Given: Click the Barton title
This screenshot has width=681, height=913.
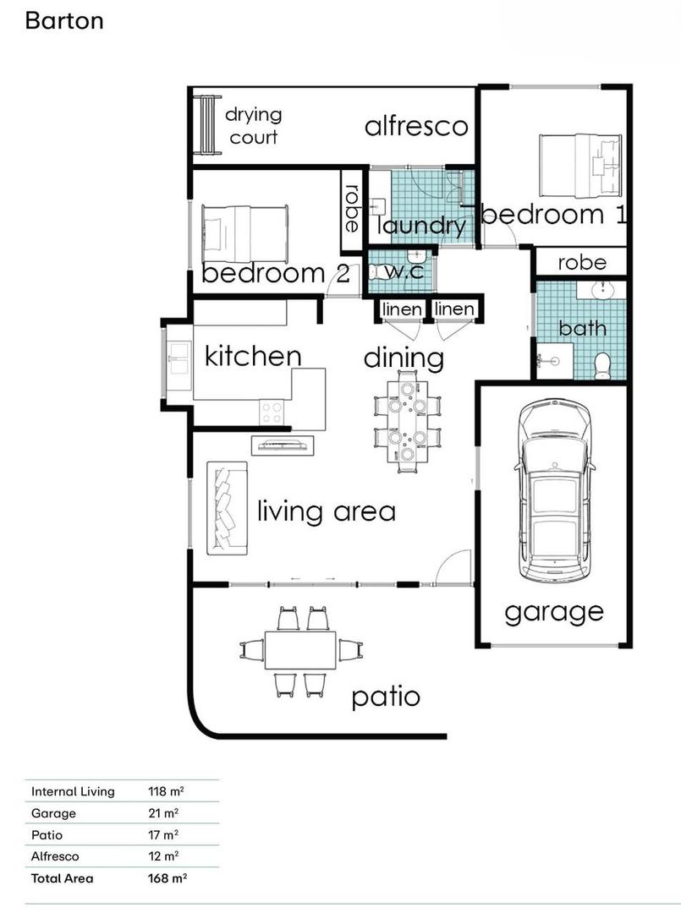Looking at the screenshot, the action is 64,21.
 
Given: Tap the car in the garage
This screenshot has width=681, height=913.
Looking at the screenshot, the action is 555,490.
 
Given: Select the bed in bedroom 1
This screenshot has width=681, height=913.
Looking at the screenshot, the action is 580,166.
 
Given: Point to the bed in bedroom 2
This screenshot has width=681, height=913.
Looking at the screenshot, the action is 245,233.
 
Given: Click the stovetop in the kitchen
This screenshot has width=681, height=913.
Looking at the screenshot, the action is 272,413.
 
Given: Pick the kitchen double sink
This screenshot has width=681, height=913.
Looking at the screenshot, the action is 178,358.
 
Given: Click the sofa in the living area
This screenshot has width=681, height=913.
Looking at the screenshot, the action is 228,508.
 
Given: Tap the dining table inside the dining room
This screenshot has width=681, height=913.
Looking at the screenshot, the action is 407,420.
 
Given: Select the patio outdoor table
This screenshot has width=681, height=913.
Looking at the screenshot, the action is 300,650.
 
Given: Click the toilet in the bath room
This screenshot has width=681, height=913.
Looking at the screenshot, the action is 601,366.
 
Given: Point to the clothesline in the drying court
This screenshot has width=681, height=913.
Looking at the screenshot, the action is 208,124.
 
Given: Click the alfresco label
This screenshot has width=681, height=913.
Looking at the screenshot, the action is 416,126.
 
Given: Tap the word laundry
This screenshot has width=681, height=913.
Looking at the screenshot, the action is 422,227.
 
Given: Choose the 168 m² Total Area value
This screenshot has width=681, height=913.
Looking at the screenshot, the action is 168,878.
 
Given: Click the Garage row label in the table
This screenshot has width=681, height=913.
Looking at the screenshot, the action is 53,813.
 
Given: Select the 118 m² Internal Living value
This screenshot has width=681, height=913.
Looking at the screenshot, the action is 166,791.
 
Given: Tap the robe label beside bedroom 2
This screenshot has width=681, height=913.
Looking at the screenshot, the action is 352,209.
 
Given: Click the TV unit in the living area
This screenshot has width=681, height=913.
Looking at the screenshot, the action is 283,446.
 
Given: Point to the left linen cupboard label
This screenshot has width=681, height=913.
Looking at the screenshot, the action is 402,309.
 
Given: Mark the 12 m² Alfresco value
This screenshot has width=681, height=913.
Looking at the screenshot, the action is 163,856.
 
